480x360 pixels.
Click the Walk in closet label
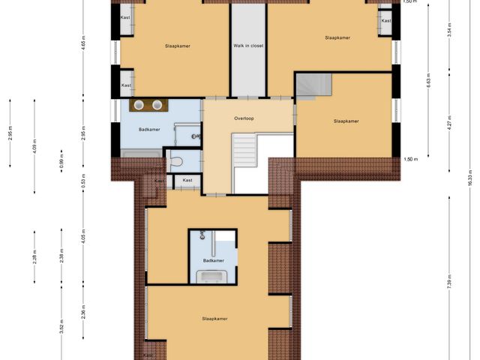(248, 46)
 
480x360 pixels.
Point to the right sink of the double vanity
(157, 105)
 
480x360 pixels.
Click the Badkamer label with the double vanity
(149, 129)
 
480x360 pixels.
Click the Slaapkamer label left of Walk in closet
(177, 46)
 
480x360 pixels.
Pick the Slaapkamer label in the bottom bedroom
(214, 318)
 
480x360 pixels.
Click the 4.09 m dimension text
(34, 147)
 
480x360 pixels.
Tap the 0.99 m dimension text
(62, 163)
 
